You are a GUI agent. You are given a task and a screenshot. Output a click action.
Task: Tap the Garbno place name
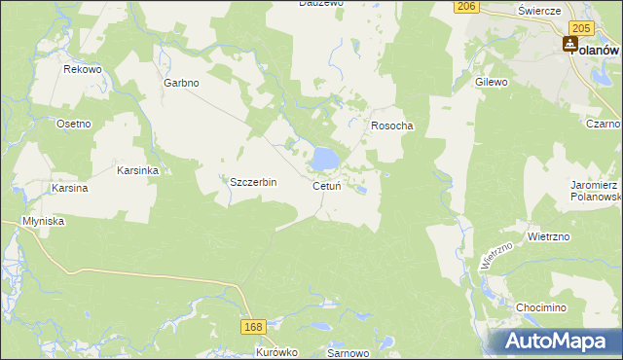181,83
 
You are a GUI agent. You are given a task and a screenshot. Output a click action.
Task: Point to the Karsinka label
138,170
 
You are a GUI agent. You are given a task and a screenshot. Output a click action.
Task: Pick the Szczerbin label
253,182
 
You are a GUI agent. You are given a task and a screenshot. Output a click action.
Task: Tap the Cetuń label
326,186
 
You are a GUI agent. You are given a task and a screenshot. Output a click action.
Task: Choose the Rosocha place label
392,126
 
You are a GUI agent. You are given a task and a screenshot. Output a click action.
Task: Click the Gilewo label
492,83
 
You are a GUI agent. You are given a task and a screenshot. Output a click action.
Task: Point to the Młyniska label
44,221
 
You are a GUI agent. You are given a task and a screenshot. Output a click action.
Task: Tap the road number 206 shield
466,6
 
